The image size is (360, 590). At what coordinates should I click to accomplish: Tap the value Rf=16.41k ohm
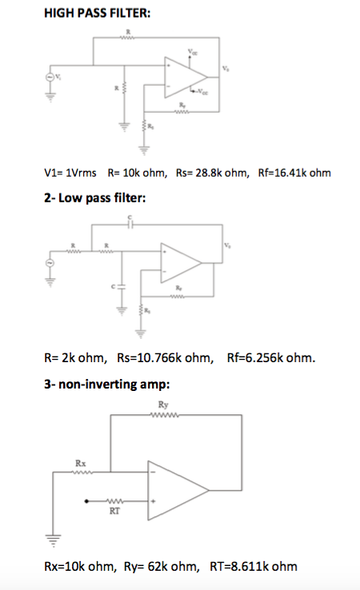click(294, 173)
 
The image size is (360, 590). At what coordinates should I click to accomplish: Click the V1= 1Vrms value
click(70, 173)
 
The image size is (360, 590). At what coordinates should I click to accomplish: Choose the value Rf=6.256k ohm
click(270, 359)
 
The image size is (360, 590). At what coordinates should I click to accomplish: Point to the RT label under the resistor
click(114, 513)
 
